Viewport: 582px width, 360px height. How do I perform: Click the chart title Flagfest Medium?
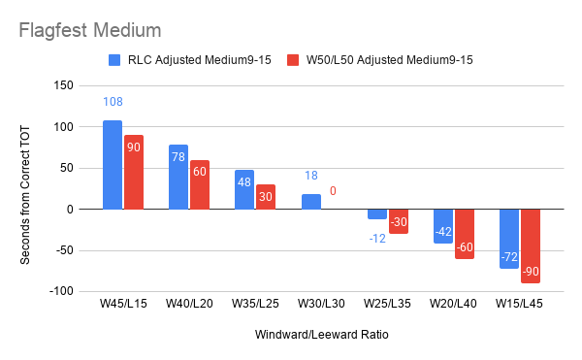point(90,30)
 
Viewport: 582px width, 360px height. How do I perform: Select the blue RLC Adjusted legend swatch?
point(114,60)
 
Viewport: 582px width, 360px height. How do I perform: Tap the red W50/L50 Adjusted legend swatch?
point(293,60)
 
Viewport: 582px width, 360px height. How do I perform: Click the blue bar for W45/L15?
point(113,165)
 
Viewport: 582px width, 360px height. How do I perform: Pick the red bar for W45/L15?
point(134,172)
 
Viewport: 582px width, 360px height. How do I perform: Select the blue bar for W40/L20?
point(178,177)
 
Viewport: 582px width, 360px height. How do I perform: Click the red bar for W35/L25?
point(266,197)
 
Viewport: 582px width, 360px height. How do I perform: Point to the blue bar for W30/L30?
point(311,202)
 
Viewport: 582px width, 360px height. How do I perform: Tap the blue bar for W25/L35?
point(377,214)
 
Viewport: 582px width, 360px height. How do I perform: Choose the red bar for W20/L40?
point(465,234)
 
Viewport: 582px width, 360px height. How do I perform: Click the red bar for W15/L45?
point(531,246)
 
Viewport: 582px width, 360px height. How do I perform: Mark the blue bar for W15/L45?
point(509,239)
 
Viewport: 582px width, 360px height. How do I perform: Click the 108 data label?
point(113,102)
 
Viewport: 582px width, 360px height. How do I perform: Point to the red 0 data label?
point(333,191)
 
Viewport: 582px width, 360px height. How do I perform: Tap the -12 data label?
point(377,239)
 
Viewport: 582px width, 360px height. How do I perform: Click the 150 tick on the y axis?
point(63,85)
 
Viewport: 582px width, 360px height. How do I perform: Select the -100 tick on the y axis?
point(61,291)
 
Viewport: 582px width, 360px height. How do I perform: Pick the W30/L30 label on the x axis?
point(321,304)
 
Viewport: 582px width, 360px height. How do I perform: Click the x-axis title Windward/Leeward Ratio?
point(322,335)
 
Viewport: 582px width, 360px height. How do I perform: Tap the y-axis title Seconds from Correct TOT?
point(25,195)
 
